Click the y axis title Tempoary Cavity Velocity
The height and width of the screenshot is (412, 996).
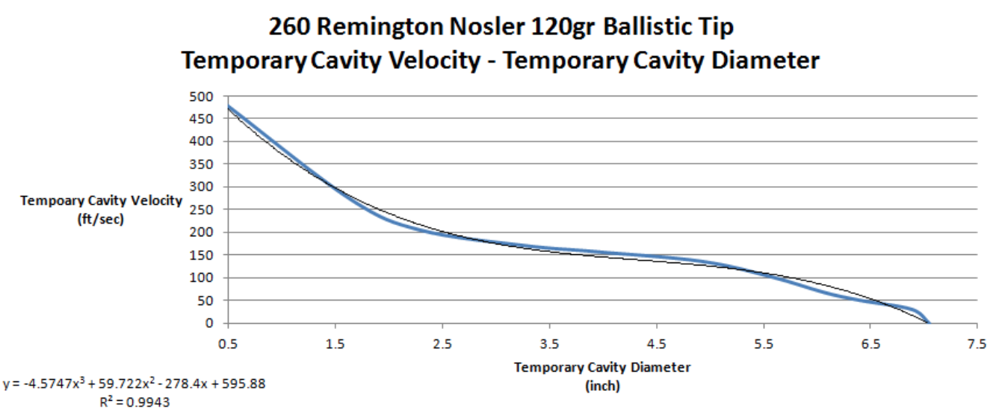pyautogui.click(x=102, y=201)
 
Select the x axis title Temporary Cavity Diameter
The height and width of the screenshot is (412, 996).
pyautogui.click(x=602, y=367)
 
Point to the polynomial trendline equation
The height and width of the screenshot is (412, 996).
pyautogui.click(x=134, y=384)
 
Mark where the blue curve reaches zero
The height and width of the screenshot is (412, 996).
pyautogui.click(x=929, y=323)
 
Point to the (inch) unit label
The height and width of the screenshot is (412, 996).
pyautogui.click(x=602, y=386)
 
